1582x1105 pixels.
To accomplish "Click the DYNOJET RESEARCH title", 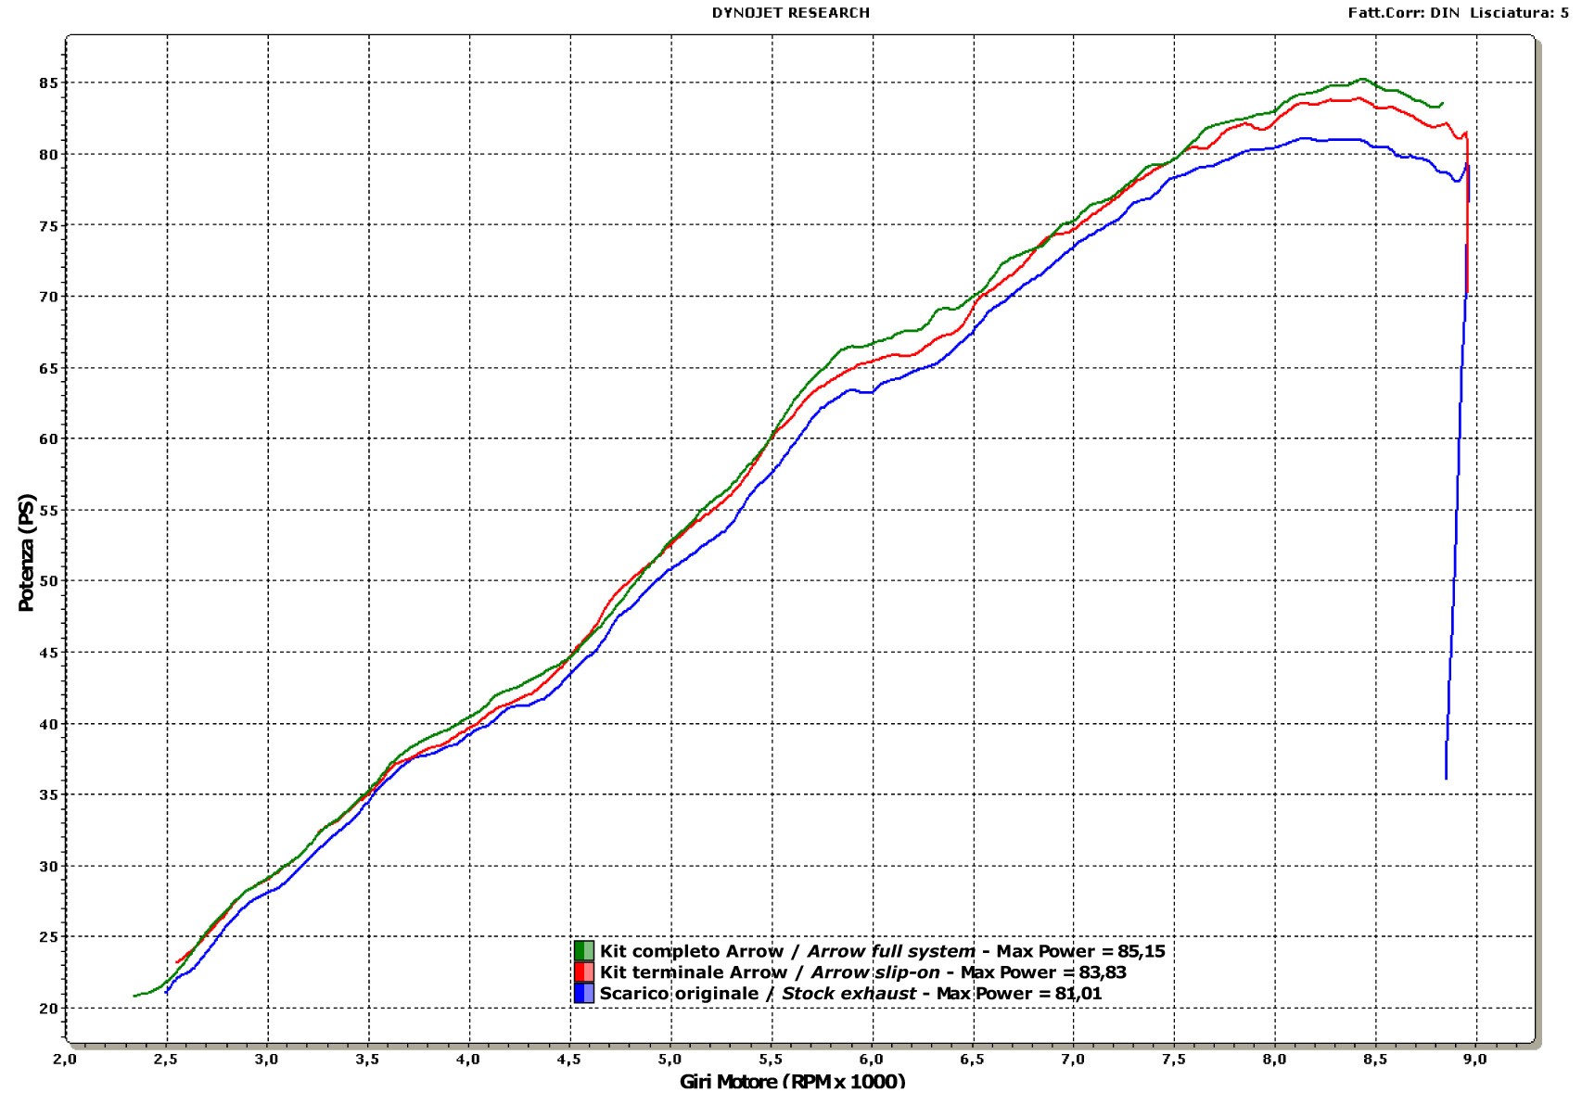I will (790, 13).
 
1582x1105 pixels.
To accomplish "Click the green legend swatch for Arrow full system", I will (583, 951).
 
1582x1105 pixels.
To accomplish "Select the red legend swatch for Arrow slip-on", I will (583, 972).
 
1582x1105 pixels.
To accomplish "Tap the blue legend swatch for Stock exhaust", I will (583, 994).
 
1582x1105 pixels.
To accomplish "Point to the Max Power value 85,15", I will (1141, 951).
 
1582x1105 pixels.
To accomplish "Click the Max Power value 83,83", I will (1103, 972).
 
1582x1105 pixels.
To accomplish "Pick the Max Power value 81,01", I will (1078, 994).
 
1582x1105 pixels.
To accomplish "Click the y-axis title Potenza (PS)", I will (26, 552).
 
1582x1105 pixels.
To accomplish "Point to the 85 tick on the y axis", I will (48, 83).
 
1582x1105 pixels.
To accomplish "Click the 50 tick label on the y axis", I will (48, 581).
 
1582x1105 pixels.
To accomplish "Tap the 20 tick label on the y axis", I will (48, 1009).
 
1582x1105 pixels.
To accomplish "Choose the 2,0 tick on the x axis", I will (65, 1060).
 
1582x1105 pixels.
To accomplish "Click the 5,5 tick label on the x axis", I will (771, 1060).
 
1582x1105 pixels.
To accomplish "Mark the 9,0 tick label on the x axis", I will (1474, 1060).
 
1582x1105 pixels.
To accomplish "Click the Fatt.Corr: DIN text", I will (1403, 13).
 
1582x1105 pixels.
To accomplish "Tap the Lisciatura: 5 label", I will (1519, 13).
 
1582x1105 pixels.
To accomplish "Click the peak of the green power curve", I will (1361, 79).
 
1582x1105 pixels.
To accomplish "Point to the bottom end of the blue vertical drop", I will (1446, 778).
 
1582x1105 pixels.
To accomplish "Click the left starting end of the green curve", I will (134, 996).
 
